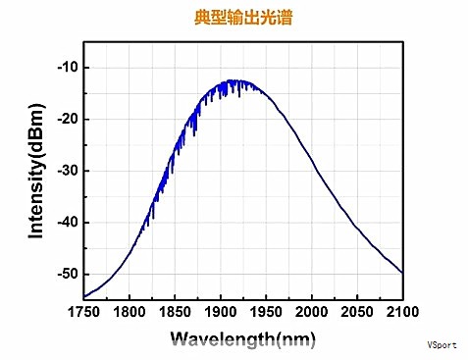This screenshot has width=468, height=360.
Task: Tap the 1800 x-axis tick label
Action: (x=129, y=313)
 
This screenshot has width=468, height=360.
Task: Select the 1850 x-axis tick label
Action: (x=174, y=313)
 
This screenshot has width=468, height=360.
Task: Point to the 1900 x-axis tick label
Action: (x=220, y=313)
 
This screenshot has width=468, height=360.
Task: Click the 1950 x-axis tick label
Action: (x=266, y=313)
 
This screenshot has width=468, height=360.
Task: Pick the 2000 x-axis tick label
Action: (x=311, y=313)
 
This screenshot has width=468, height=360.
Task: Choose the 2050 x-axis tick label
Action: (x=357, y=313)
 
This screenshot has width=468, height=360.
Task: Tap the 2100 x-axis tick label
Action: (x=400, y=313)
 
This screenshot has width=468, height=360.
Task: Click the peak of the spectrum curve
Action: (x=236, y=80)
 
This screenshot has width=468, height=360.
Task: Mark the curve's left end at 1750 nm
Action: (x=83, y=296)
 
